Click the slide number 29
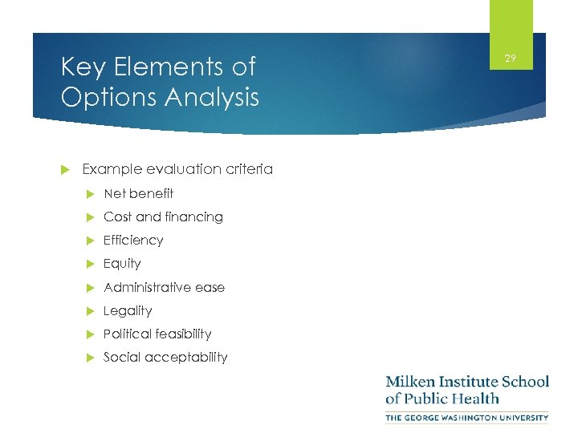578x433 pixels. point(510,59)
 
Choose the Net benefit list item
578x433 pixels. point(138,193)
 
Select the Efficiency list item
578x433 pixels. point(133,240)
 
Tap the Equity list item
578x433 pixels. point(122,263)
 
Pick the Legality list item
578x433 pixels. point(128,310)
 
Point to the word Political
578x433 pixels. point(128,334)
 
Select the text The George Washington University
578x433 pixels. point(467,417)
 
